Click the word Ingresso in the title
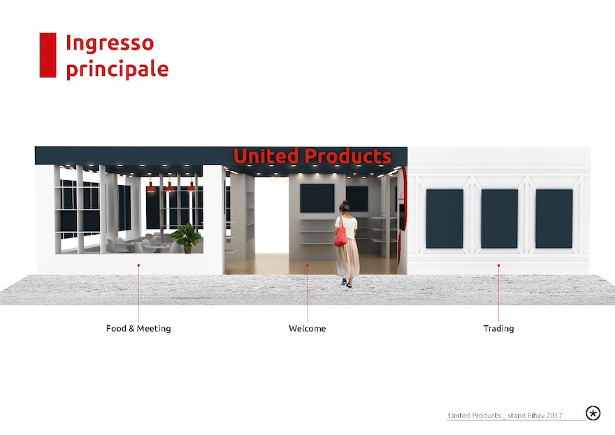coord(110,43)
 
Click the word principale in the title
coord(117,69)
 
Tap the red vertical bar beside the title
coord(48,55)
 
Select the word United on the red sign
coord(266,156)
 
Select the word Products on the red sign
coord(348,156)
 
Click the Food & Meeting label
coord(138,328)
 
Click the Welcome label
coord(307,328)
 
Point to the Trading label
coord(498,328)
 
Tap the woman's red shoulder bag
coord(340,236)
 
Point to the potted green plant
coord(186,238)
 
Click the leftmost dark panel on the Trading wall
coord(444,219)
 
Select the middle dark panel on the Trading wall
coord(499,219)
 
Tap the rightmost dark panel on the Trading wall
coord(553,219)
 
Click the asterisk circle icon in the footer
coord(593,413)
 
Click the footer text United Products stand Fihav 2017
coord(505,415)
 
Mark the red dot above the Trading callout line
coord(498,265)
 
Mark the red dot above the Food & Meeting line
coord(138,265)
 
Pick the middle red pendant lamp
coord(169,187)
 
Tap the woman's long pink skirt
coord(347,258)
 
